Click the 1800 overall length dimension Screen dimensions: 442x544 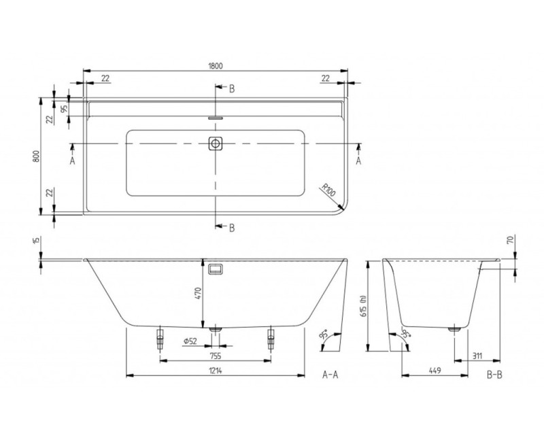pyautogui.click(x=216, y=65)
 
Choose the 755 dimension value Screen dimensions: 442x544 pyautogui.click(x=215, y=354)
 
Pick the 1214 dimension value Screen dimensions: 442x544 pyautogui.click(x=215, y=371)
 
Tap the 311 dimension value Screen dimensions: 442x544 pyautogui.click(x=478, y=354)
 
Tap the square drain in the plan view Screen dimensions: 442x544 pyautogui.click(x=216, y=143)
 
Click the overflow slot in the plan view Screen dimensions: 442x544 pyautogui.click(x=216, y=117)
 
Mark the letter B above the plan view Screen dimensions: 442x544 pyautogui.click(x=232, y=88)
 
